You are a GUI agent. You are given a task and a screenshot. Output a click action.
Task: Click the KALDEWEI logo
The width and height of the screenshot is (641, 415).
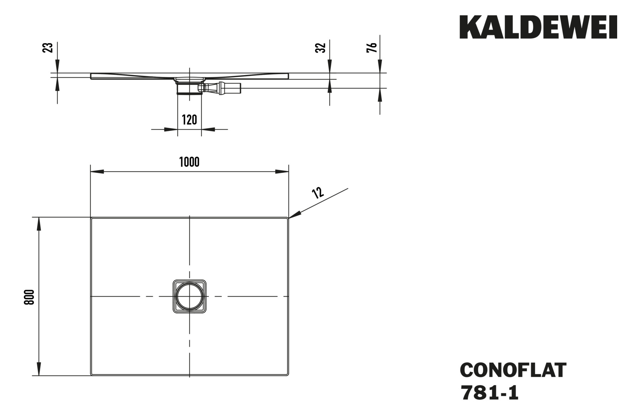(x=538, y=27)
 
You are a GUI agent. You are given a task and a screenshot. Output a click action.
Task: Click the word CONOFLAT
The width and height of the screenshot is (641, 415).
(x=513, y=370)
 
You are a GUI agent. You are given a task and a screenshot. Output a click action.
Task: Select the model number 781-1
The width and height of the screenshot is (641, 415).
(x=489, y=393)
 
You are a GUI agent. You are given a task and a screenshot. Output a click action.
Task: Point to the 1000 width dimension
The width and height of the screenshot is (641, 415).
(x=189, y=162)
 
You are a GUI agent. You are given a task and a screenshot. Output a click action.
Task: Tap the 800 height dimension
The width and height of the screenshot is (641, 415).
(x=29, y=297)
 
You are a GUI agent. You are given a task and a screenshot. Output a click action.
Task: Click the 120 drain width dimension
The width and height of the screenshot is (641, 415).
(x=189, y=120)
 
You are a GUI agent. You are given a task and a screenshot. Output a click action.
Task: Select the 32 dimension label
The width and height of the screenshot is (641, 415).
(x=320, y=48)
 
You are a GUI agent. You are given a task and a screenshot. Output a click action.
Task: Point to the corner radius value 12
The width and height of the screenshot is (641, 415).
(x=317, y=193)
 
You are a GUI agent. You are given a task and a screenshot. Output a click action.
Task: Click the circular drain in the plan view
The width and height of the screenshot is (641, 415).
(x=189, y=296)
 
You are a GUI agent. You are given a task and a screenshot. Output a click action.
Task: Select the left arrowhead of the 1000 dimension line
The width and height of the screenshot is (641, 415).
(x=96, y=172)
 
